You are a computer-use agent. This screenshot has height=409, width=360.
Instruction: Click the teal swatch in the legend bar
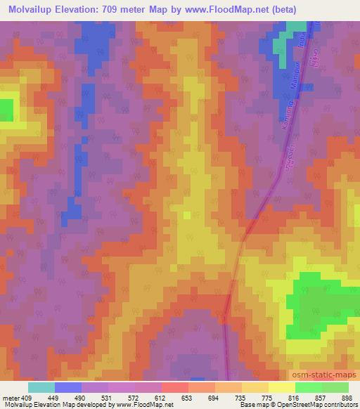41,387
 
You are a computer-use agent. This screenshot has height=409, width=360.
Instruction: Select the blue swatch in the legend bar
68,387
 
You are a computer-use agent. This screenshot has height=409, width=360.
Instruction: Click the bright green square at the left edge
6,110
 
